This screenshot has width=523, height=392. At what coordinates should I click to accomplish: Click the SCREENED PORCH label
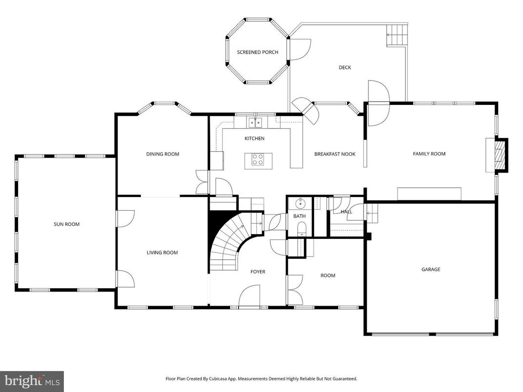(x=258, y=52)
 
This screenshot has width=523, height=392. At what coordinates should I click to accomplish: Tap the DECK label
(x=345, y=68)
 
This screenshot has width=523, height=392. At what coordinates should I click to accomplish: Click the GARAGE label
(x=431, y=269)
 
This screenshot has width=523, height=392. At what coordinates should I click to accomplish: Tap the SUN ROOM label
(x=66, y=224)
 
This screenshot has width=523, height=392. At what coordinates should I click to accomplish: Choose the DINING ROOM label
(x=162, y=154)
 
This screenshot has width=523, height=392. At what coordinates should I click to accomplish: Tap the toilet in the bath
(x=300, y=229)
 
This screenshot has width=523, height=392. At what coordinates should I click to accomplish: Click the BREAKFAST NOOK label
(x=335, y=154)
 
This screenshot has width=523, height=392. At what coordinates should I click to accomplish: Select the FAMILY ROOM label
(x=429, y=154)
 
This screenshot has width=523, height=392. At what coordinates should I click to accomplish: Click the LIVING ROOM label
(x=162, y=253)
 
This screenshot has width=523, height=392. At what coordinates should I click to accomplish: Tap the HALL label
(x=346, y=212)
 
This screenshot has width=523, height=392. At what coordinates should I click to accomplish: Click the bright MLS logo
(x=32, y=381)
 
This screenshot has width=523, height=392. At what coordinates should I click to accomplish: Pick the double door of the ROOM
(x=294, y=290)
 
